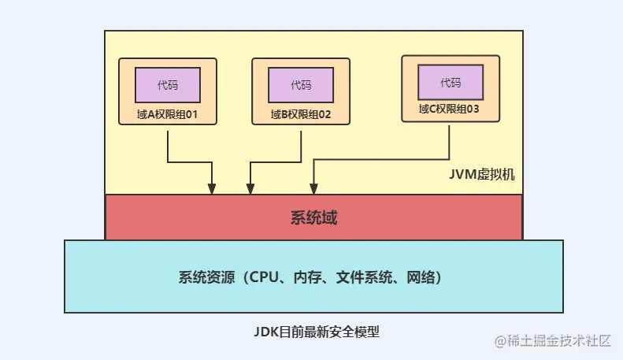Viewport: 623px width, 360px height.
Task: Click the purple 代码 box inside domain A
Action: (x=166, y=84)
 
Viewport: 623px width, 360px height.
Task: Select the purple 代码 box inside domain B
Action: (x=300, y=84)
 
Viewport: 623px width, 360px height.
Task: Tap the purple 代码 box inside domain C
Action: (x=450, y=82)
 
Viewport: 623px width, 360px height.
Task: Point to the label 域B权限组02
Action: (x=300, y=114)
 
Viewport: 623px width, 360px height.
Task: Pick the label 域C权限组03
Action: (x=450, y=109)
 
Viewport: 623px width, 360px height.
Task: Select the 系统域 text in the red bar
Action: (x=313, y=217)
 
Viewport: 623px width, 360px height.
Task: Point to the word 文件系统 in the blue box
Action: (x=362, y=277)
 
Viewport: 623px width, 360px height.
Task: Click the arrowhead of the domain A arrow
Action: (x=212, y=189)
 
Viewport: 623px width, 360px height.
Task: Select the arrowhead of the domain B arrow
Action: (x=250, y=189)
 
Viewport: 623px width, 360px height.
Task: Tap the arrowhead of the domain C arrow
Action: (x=313, y=189)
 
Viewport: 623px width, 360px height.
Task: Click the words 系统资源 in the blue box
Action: (x=204, y=277)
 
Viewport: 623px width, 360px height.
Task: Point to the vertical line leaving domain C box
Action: (x=449, y=142)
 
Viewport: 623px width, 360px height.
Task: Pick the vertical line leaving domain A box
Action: (x=167, y=143)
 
